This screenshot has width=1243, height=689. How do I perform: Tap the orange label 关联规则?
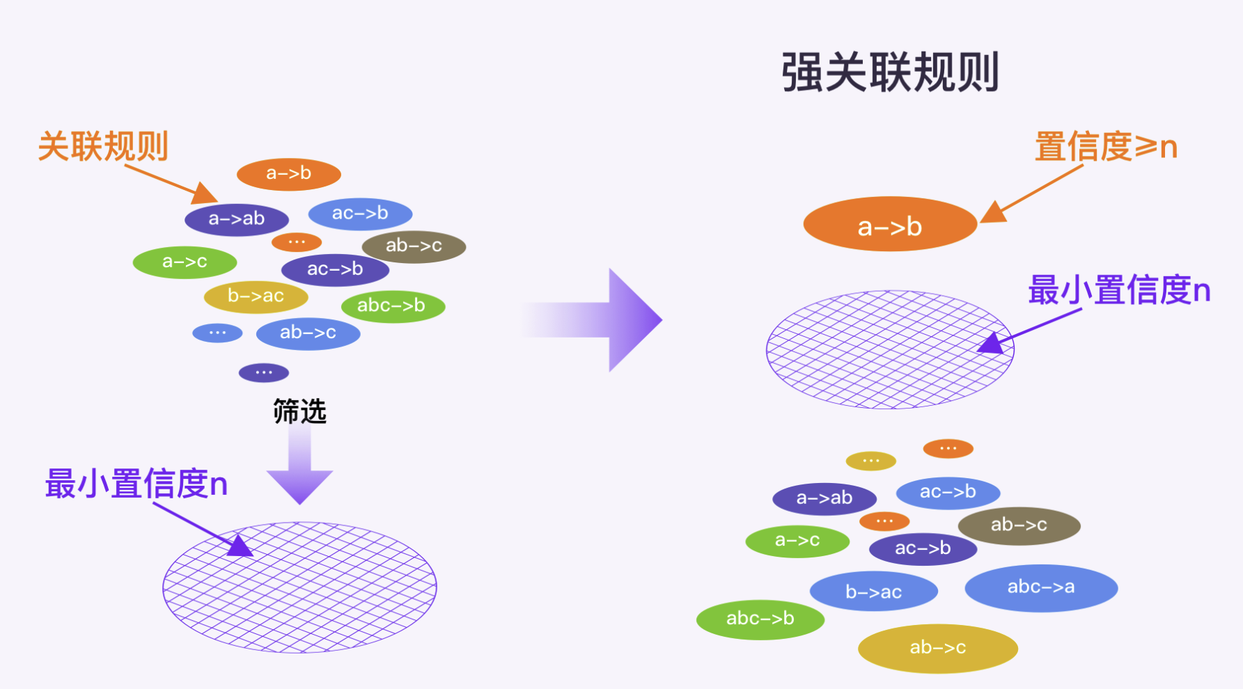coord(103,147)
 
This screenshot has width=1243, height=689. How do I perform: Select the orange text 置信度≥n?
coord(1105,147)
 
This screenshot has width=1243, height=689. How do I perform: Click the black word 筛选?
coord(299,411)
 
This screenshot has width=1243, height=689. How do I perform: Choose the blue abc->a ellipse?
coord(1041,587)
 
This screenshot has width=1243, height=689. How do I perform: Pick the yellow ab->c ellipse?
coord(937,648)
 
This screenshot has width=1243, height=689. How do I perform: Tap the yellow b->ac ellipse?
coord(256,296)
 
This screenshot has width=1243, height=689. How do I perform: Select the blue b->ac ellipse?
coord(873,592)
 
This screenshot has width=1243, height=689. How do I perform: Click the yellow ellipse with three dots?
coord(870,461)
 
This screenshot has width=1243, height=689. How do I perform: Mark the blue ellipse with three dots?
coord(217,333)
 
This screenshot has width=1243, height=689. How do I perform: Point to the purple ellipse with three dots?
coord(263,373)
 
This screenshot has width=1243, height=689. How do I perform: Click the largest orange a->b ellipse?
coord(890,225)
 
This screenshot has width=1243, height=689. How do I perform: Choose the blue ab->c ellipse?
coord(308,333)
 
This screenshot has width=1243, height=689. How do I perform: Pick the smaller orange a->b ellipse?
coord(288,174)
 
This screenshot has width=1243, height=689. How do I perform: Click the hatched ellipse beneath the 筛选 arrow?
coord(299,588)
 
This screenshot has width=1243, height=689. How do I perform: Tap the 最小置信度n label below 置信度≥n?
coord(1119,290)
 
